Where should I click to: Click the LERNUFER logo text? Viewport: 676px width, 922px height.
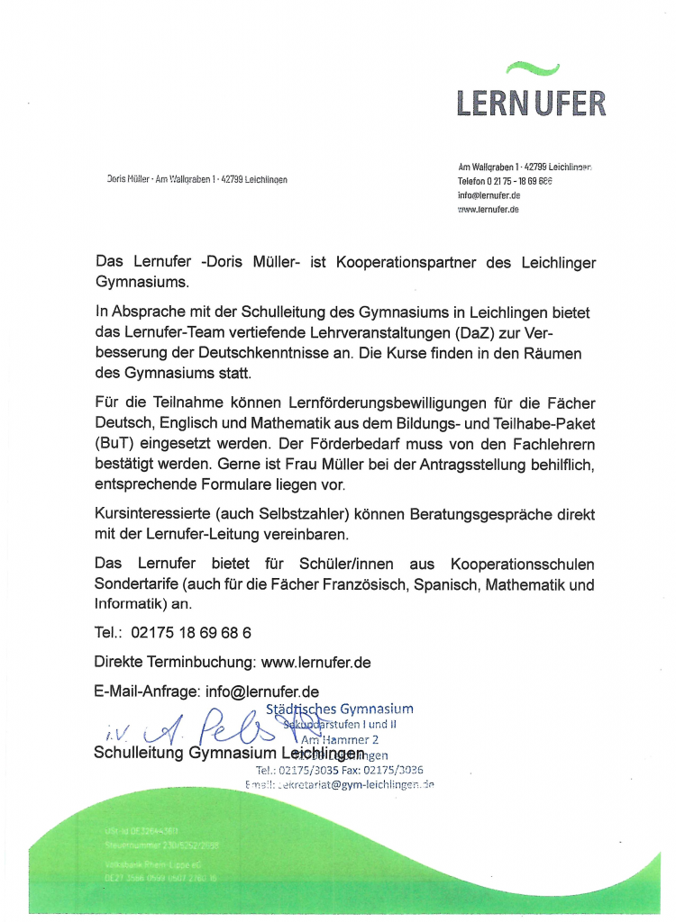click(530, 102)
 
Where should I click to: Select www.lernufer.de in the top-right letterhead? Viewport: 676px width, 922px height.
click(489, 209)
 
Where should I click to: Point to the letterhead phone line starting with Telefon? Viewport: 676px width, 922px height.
click(504, 181)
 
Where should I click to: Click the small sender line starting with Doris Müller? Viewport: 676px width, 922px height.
click(196, 180)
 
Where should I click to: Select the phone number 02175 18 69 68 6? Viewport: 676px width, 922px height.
click(191, 633)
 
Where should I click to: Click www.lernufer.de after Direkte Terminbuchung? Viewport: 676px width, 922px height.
click(315, 663)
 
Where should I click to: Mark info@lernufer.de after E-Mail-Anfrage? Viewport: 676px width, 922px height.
click(262, 692)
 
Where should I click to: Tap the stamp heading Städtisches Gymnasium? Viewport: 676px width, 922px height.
click(340, 710)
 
